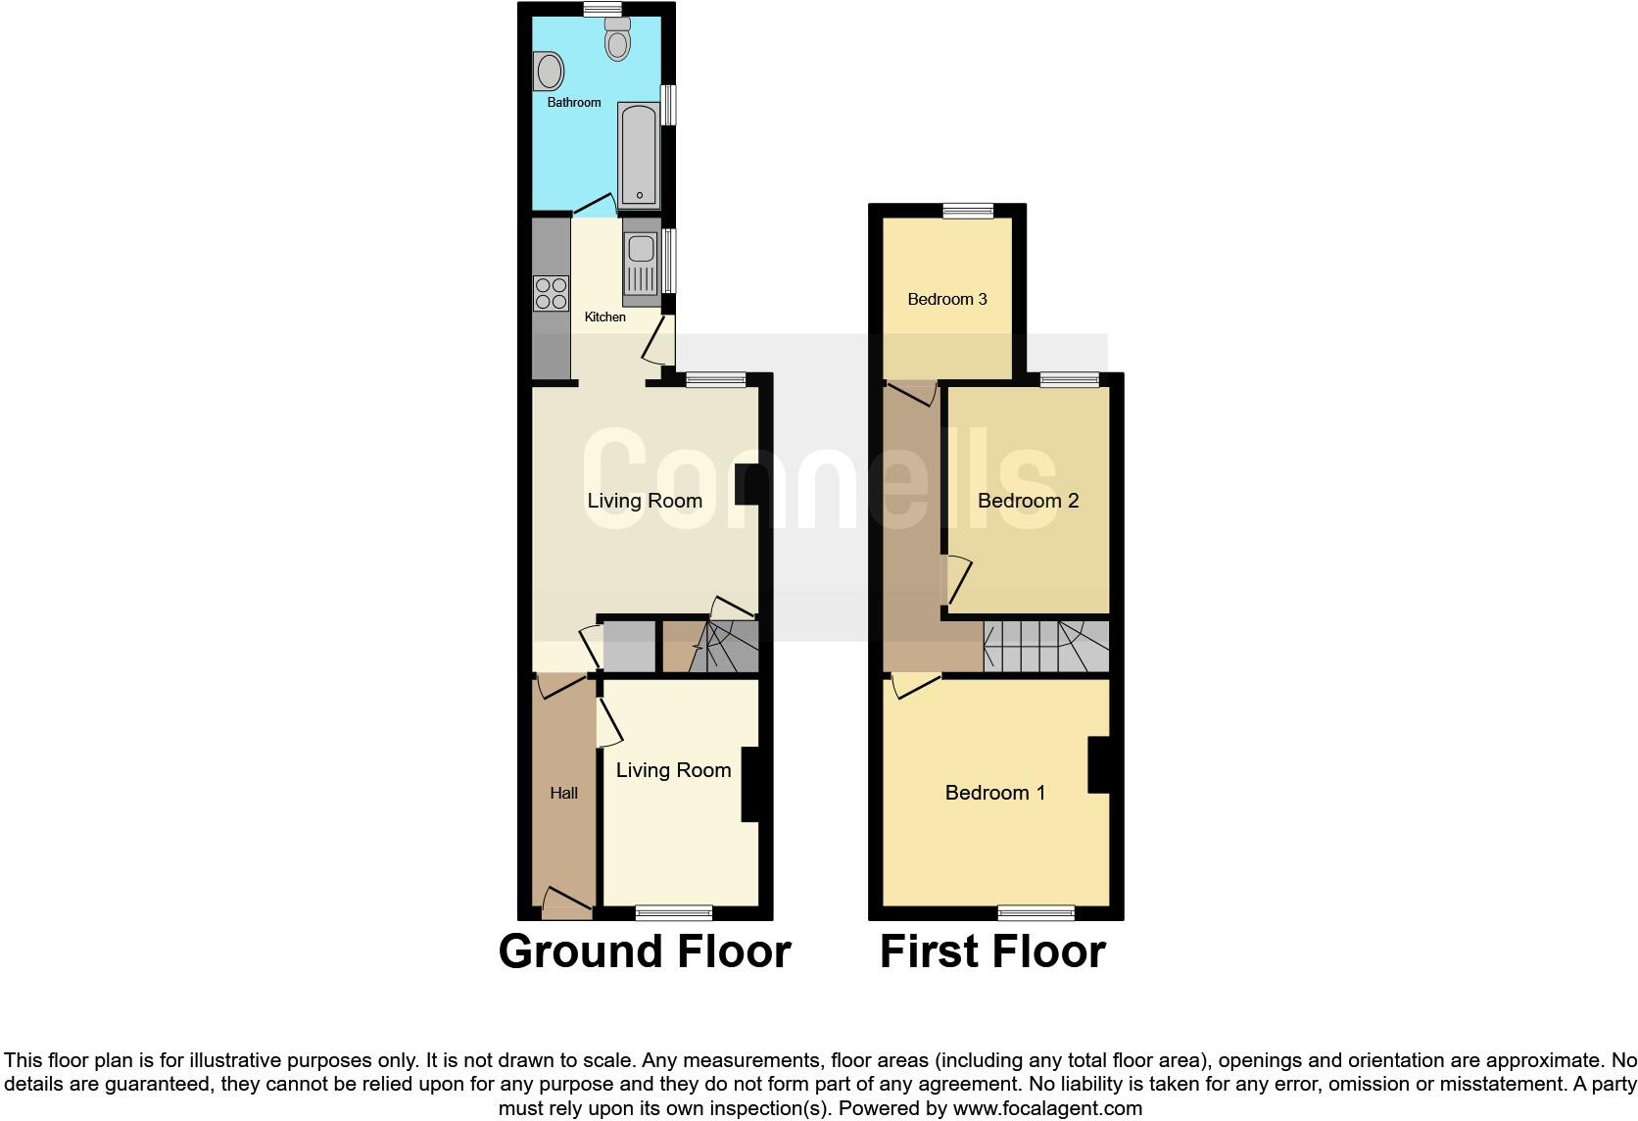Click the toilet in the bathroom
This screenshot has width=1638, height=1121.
(x=617, y=40)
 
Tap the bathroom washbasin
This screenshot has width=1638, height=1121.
(x=550, y=72)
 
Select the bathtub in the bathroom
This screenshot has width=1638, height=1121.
(x=638, y=155)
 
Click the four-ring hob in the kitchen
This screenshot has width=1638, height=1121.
(x=551, y=293)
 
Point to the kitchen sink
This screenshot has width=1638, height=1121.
(x=640, y=263)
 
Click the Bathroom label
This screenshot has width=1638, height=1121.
(x=574, y=102)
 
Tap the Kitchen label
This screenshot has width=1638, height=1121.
(x=604, y=317)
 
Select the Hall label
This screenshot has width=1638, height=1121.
(x=563, y=793)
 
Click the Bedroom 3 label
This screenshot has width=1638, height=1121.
(x=946, y=299)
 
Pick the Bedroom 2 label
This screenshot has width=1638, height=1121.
(x=1028, y=501)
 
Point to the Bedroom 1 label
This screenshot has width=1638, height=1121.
(x=994, y=792)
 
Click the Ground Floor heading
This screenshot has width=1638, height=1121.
(x=645, y=951)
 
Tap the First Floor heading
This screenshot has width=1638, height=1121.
(x=992, y=951)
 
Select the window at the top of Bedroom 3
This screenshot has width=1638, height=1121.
(x=968, y=210)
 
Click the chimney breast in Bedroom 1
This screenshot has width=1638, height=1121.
(x=1098, y=764)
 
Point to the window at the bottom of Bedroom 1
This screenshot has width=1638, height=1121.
(x=1036, y=913)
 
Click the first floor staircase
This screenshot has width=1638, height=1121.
(x=1045, y=646)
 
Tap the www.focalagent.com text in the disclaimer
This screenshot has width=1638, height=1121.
(x=1046, y=1108)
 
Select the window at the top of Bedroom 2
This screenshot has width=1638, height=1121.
(x=1069, y=379)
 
